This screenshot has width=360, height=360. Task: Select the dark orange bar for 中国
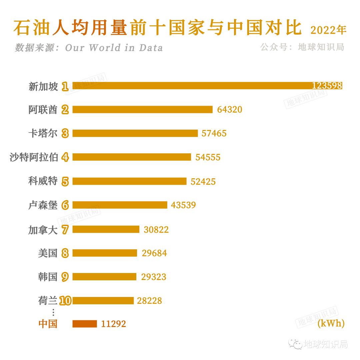point(85,324)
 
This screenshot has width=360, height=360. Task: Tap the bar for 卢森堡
point(120,205)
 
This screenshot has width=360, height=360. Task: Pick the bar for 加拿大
point(106,229)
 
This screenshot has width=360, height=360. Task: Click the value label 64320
point(229,110)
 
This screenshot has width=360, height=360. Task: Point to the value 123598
point(327,86)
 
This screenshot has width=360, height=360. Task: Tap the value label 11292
point(114,324)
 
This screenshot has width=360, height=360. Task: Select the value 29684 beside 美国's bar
point(154,253)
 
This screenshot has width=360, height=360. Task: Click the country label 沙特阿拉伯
point(34,157)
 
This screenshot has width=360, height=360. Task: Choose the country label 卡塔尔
point(43,133)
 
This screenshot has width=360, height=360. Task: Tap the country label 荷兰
point(48,301)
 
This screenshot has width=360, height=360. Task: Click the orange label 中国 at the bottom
point(48,324)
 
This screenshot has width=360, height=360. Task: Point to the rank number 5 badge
point(65,181)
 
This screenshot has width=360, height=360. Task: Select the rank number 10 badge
point(65,301)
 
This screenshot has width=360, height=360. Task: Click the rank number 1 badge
point(65,87)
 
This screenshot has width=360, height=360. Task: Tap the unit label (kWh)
point(331,323)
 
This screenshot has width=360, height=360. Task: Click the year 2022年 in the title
point(328,30)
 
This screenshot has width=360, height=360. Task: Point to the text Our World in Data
point(114,48)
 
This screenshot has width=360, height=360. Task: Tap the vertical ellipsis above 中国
point(53,312)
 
